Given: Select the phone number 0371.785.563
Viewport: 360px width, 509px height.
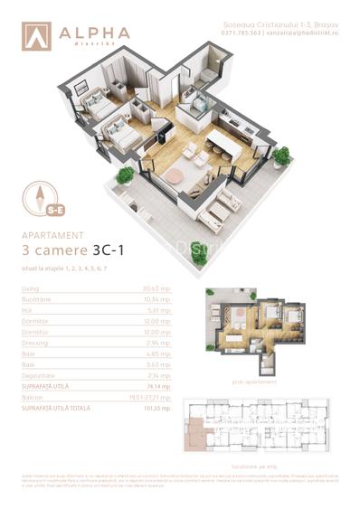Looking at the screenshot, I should coord(240,33).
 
